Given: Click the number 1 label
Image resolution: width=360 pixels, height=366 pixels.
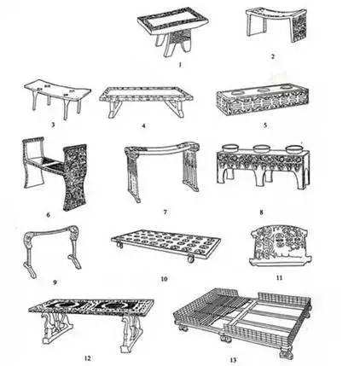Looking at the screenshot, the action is [180, 64].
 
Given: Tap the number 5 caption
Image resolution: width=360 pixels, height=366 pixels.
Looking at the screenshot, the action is [265, 125].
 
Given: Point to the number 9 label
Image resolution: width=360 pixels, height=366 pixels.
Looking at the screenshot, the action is [55, 282].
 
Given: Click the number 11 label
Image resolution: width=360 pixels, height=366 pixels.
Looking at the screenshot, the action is [280, 277].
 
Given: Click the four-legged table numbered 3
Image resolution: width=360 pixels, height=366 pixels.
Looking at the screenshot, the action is [57, 96].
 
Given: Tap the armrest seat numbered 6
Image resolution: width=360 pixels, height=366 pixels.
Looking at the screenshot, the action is [55, 172].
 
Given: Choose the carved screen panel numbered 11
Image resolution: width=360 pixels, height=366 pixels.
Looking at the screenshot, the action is [280, 245].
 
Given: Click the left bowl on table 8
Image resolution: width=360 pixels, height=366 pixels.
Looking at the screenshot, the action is [230, 148].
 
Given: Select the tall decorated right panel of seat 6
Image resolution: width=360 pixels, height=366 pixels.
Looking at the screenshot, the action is [75, 177].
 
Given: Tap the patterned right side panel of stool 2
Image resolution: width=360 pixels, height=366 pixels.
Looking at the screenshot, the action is [299, 27].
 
